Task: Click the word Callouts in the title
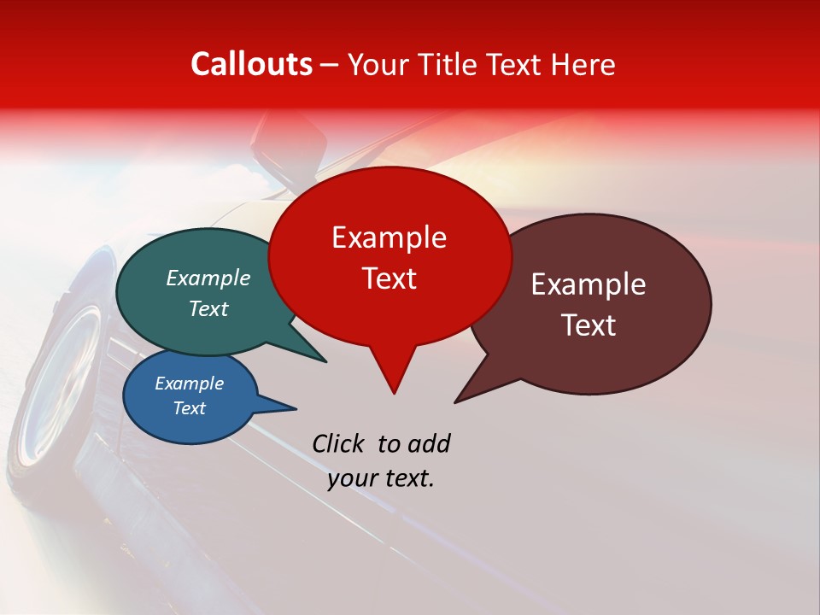click(251, 64)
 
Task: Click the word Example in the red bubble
click(389, 237)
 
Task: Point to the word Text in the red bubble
click(389, 278)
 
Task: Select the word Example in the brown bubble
click(589, 284)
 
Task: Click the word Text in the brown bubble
click(589, 325)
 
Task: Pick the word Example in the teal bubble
click(208, 278)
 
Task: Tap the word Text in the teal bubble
click(208, 309)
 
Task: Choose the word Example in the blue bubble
click(189, 384)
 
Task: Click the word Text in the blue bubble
click(189, 408)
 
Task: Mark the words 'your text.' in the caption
click(381, 478)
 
